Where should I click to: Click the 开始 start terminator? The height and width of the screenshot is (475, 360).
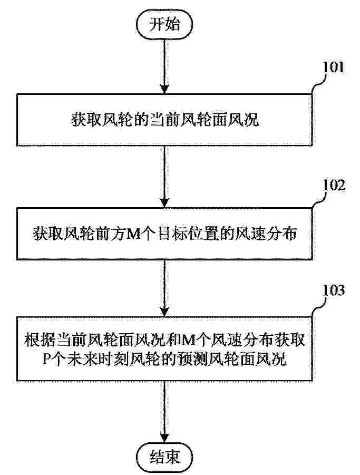(164, 25)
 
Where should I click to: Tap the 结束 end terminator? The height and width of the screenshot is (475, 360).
(164, 457)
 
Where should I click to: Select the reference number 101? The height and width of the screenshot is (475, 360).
(333, 67)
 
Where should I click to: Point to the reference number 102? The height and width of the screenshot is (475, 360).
(334, 185)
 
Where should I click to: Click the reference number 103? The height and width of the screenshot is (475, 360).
(334, 290)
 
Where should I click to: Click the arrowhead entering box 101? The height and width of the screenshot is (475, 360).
(164, 89)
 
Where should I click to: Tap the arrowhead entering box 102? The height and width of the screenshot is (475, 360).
(164, 202)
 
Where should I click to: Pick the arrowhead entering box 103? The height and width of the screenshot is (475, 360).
(164, 312)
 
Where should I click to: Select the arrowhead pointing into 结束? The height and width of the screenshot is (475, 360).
(164, 438)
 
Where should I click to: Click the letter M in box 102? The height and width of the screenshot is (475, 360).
(133, 234)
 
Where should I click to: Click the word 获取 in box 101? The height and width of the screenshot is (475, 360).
(86, 119)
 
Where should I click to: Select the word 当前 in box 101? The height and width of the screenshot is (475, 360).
(164, 119)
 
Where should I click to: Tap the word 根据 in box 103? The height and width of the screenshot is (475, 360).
(40, 340)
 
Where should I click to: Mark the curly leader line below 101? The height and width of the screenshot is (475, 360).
(318, 84)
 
